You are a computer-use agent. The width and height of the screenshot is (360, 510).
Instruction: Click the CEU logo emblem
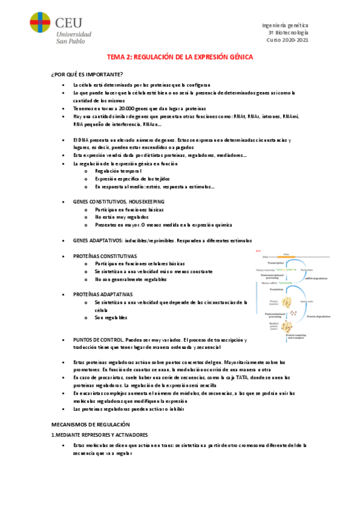40,27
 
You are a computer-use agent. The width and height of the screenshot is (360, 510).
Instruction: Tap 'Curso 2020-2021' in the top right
287,40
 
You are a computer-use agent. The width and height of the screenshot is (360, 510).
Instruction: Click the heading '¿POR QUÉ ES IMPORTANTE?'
87,74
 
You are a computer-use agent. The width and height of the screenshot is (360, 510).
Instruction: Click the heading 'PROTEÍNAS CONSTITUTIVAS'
105,256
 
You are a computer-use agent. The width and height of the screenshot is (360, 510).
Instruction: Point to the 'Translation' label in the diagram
276,289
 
